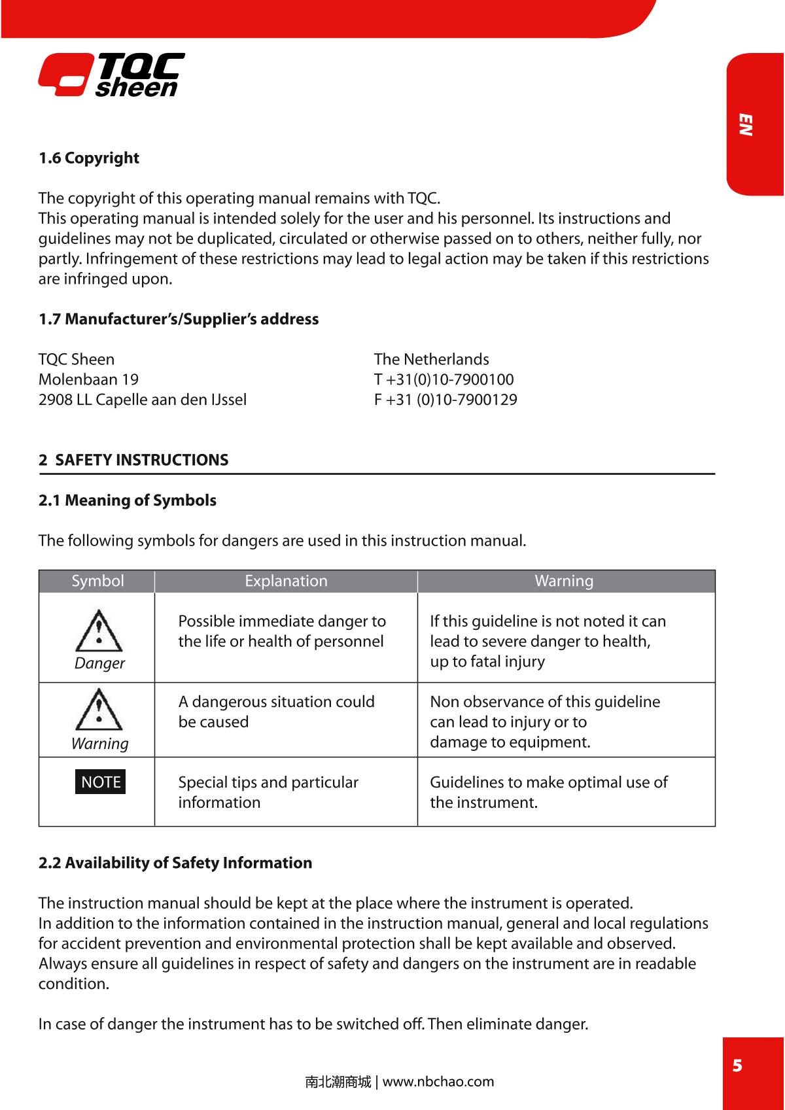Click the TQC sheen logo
click(111, 75)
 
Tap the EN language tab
click(746, 124)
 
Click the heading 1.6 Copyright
click(89, 158)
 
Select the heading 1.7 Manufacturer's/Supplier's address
click(179, 319)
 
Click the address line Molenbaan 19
click(88, 379)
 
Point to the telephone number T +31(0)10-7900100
click(444, 379)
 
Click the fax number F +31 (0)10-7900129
click(445, 400)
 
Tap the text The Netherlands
click(431, 359)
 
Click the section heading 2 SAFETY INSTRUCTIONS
click(134, 460)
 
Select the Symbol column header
click(97, 581)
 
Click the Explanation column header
click(286, 581)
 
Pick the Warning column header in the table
click(564, 581)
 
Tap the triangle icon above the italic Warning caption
click(99, 710)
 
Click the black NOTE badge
click(100, 782)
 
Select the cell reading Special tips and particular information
click(268, 792)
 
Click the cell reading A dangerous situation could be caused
click(276, 712)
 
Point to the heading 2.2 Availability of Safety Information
click(175, 863)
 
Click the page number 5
click(737, 1066)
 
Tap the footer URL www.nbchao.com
click(438, 1081)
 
